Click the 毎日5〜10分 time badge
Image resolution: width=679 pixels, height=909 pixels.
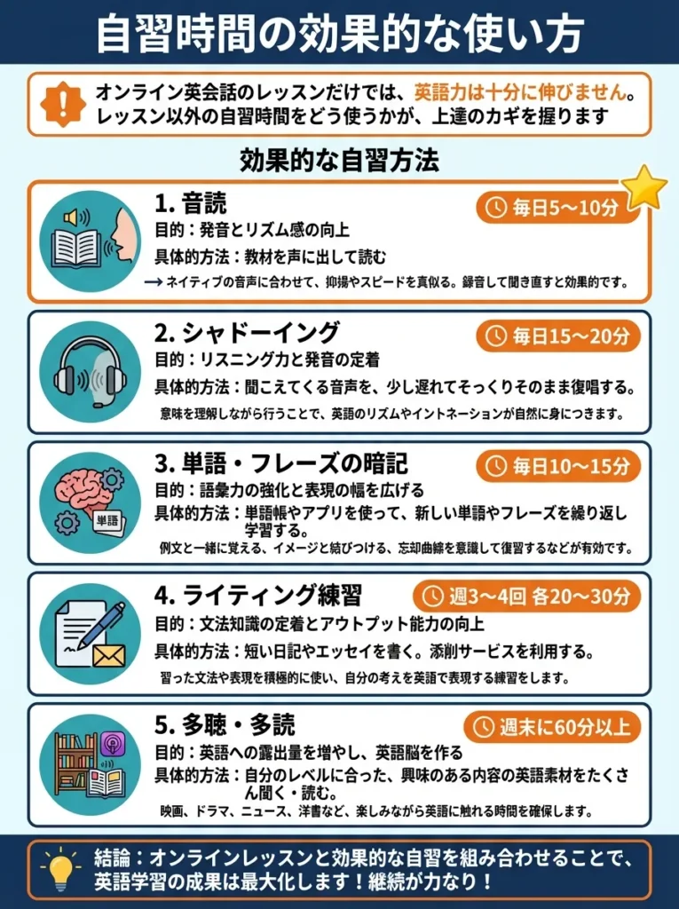558,209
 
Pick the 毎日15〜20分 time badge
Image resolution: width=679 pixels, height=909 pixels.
558,336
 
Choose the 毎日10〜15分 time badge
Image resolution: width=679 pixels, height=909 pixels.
558,466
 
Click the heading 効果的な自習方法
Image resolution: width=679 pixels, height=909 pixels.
339,162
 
